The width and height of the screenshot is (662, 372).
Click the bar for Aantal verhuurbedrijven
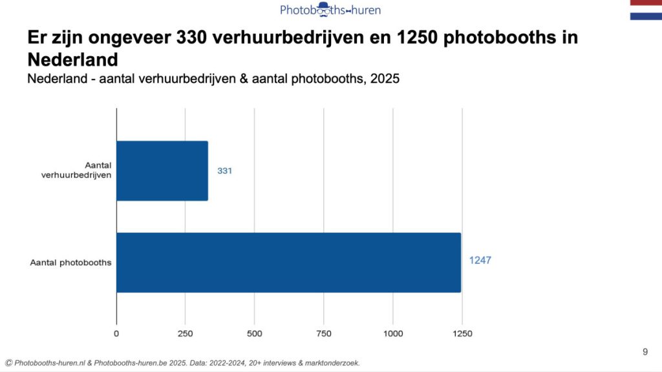pyautogui.click(x=162, y=171)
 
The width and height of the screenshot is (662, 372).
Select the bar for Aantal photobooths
pyautogui.click(x=288, y=263)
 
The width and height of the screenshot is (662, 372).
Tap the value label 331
pyautogui.click(x=224, y=171)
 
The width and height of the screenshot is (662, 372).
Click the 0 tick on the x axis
pyautogui.click(x=116, y=334)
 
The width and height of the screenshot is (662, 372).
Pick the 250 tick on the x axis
pyautogui.click(x=186, y=334)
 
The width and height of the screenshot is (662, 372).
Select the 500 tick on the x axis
pyautogui.click(x=255, y=334)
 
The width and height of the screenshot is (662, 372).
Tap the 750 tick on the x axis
pyautogui.click(x=324, y=334)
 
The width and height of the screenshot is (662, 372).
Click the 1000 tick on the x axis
pyautogui.click(x=393, y=334)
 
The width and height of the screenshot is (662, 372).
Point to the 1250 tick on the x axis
pyautogui.click(x=462, y=334)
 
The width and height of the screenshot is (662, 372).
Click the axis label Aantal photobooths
pyautogui.click(x=71, y=263)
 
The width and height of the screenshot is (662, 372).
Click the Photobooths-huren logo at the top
pyautogui.click(x=330, y=9)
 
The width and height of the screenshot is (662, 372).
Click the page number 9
pyautogui.click(x=645, y=352)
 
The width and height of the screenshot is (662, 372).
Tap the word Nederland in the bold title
pyautogui.click(x=72, y=60)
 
